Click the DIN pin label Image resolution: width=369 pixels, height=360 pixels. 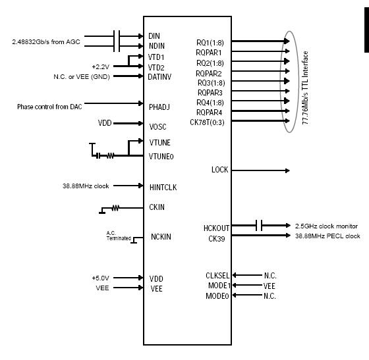(155, 36)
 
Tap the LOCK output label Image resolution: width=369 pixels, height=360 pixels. (219, 170)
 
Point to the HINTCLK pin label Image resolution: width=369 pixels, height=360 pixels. (163, 187)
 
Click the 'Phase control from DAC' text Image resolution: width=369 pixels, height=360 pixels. (51, 105)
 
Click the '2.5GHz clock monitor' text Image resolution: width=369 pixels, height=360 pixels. (327, 226)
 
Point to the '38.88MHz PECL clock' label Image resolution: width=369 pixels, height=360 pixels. (328, 236)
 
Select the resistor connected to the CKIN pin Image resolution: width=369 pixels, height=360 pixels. (115, 208)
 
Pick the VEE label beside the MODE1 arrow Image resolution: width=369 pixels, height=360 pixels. (270, 286)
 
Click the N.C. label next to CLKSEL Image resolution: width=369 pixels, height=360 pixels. (270, 275)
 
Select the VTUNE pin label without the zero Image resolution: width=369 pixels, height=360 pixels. (160, 142)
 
